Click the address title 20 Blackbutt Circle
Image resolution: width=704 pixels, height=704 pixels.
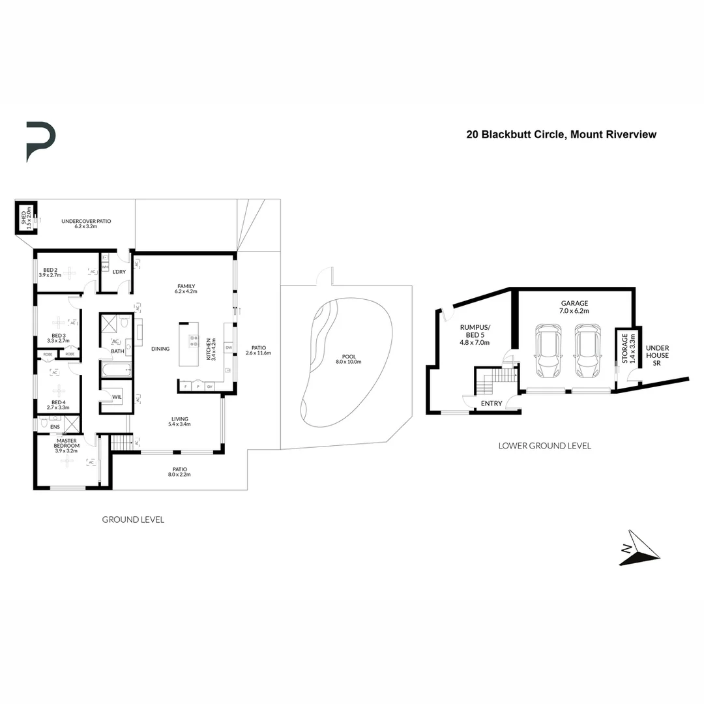[561, 135]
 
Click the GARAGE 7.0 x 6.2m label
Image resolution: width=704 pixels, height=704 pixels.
[574, 307]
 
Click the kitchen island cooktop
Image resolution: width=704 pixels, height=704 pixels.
[194, 341]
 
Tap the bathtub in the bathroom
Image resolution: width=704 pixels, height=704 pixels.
[115, 371]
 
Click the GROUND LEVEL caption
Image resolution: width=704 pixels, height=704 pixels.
[133, 520]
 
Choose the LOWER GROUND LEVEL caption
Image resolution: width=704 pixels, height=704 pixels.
[544, 446]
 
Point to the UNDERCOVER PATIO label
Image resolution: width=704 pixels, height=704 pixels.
[86, 224]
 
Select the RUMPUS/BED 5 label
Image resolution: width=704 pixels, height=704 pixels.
[475, 334]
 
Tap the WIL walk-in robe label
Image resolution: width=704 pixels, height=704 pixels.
[117, 397]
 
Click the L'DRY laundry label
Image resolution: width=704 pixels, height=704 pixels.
[119, 271]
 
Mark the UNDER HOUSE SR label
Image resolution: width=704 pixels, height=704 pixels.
[657, 355]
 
